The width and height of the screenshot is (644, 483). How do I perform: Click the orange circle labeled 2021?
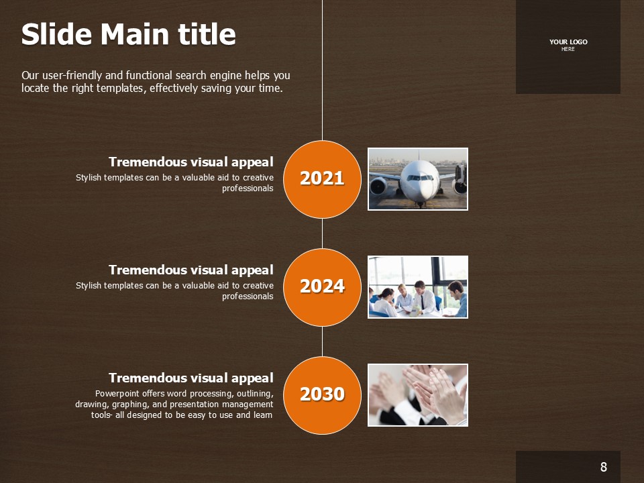(323, 179)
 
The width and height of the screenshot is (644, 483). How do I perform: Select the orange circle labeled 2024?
(323, 287)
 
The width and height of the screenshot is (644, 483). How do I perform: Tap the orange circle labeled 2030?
(323, 395)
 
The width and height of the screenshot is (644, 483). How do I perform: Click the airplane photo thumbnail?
(418, 179)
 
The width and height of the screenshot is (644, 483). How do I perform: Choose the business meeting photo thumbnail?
(418, 287)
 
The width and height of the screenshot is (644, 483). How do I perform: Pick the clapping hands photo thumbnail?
(418, 395)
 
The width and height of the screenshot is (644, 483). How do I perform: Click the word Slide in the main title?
(56, 34)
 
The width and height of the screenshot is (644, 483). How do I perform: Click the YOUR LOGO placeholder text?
(568, 42)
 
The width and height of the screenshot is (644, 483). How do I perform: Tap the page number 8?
(603, 467)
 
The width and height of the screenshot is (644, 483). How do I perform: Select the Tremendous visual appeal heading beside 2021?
(191, 162)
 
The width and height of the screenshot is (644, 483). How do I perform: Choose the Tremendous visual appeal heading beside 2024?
(191, 270)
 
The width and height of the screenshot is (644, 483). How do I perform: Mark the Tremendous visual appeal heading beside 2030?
(191, 378)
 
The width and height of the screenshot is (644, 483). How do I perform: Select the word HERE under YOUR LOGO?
(568, 49)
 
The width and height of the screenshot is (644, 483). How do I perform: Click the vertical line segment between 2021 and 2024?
(323, 233)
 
